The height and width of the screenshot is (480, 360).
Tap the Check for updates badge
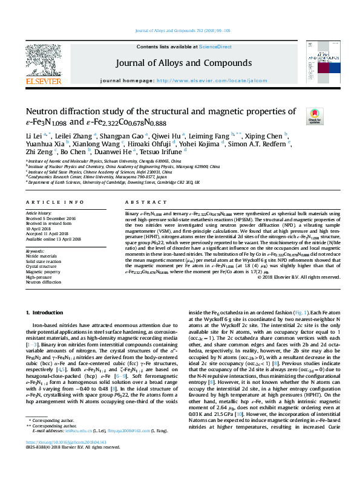point(314,114)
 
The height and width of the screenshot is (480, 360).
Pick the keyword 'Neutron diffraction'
point(44,282)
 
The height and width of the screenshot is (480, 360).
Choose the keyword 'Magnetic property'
point(43,271)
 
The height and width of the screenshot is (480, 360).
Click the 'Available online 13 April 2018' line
point(52,239)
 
